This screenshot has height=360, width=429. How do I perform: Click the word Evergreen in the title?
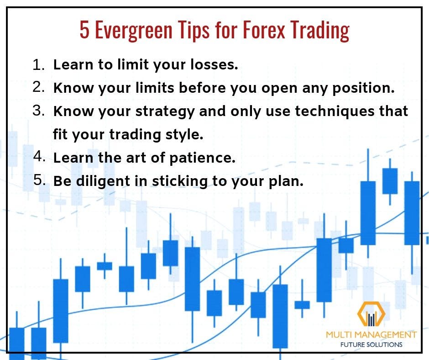tap(134, 31)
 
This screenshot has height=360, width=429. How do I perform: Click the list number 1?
tap(38, 65)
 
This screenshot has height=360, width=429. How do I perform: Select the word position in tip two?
tap(363, 89)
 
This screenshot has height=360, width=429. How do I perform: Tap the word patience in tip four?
tap(203, 158)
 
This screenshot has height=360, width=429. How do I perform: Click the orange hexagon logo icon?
tap(371, 314)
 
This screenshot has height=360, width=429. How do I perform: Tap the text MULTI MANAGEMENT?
tap(371, 334)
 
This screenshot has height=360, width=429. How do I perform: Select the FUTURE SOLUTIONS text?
tap(371, 344)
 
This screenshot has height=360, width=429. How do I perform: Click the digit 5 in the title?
tap(84, 29)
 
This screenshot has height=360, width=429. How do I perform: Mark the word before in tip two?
tap(202, 88)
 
